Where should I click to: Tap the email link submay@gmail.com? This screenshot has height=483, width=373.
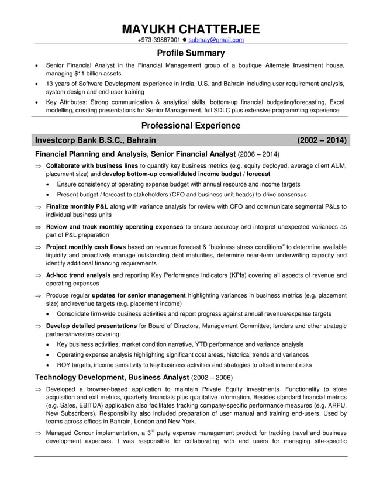pos(216,40)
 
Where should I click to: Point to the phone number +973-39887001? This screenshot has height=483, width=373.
pos(158,40)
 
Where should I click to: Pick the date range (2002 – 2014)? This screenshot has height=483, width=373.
pos(322,140)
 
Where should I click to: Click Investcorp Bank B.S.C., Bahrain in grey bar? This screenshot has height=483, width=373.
pos(95,140)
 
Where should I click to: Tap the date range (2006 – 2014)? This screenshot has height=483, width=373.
pos(258,155)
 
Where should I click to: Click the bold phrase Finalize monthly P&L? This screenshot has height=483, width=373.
pos(77,206)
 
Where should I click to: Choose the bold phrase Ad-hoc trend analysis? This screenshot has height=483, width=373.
pos(78,275)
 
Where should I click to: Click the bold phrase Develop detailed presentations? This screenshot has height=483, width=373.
pos(91,326)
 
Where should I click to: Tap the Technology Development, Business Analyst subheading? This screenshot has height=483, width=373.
pos(112,378)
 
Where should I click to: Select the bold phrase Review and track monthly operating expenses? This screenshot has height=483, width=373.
pos(114,226)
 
